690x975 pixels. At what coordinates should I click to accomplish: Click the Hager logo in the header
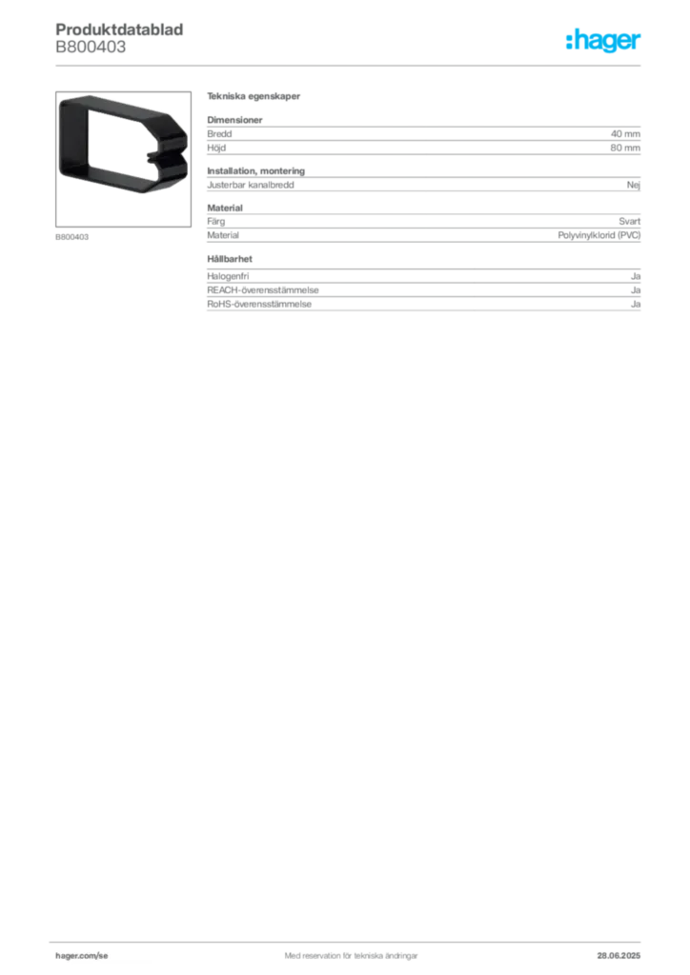(603, 40)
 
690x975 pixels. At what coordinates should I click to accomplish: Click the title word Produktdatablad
(119, 30)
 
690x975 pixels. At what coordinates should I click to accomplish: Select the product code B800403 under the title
(91, 47)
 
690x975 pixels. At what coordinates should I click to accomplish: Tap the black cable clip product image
(123, 145)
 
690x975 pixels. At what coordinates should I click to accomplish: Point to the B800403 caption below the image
(72, 237)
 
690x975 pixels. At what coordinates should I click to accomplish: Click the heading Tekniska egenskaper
(254, 96)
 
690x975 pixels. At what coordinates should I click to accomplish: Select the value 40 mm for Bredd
(625, 133)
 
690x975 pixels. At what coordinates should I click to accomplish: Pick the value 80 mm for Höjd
(625, 148)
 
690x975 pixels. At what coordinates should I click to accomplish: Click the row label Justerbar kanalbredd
(250, 185)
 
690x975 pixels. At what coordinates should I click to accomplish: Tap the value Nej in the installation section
(634, 185)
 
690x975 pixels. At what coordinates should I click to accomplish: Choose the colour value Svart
(630, 221)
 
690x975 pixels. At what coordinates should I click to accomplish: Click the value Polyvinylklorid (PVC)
(599, 235)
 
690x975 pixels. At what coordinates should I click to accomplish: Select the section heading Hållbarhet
(230, 259)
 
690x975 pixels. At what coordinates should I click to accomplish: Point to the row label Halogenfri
(228, 276)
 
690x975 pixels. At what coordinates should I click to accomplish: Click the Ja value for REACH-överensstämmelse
(636, 290)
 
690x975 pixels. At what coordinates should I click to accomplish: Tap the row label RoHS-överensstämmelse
(259, 304)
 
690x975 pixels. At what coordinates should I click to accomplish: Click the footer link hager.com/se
(82, 956)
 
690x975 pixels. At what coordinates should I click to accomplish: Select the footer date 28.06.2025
(619, 956)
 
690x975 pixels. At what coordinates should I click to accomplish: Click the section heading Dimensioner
(234, 120)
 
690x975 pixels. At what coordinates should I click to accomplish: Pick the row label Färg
(216, 221)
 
